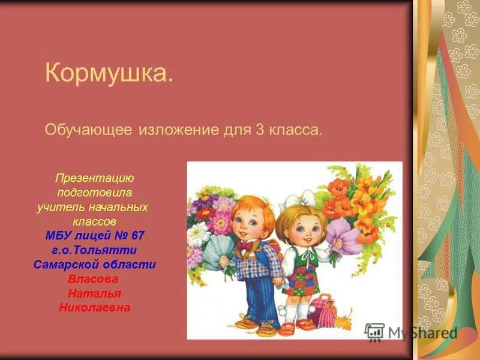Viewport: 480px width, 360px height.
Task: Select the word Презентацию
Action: click(95, 179)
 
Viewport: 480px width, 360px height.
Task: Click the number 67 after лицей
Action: click(137, 235)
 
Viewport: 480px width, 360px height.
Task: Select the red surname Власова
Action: click(93, 279)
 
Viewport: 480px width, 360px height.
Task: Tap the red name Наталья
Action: click(94, 293)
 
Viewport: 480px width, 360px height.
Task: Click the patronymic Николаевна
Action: click(94, 308)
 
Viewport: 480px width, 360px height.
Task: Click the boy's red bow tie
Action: click(244, 245)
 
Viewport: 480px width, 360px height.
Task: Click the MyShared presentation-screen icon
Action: click(374, 332)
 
